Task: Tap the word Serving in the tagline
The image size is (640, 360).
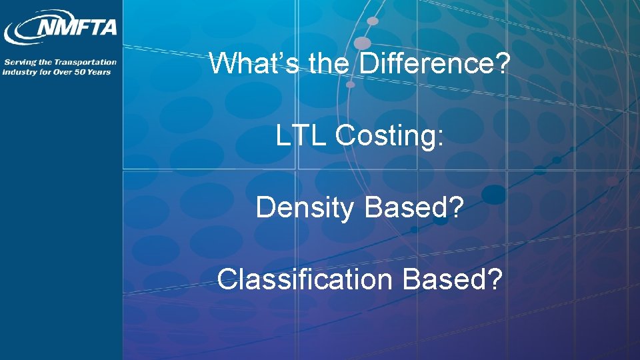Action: coord(18,62)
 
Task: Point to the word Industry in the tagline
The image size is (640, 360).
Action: coord(18,72)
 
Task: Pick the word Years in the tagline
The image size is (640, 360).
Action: coord(99,72)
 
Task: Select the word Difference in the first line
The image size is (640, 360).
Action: coord(427,64)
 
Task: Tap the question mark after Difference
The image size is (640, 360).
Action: coord(504,64)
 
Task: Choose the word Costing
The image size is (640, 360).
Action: coord(387,137)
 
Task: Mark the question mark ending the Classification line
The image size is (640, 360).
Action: coord(495,280)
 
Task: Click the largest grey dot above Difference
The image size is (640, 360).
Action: coord(362,43)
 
